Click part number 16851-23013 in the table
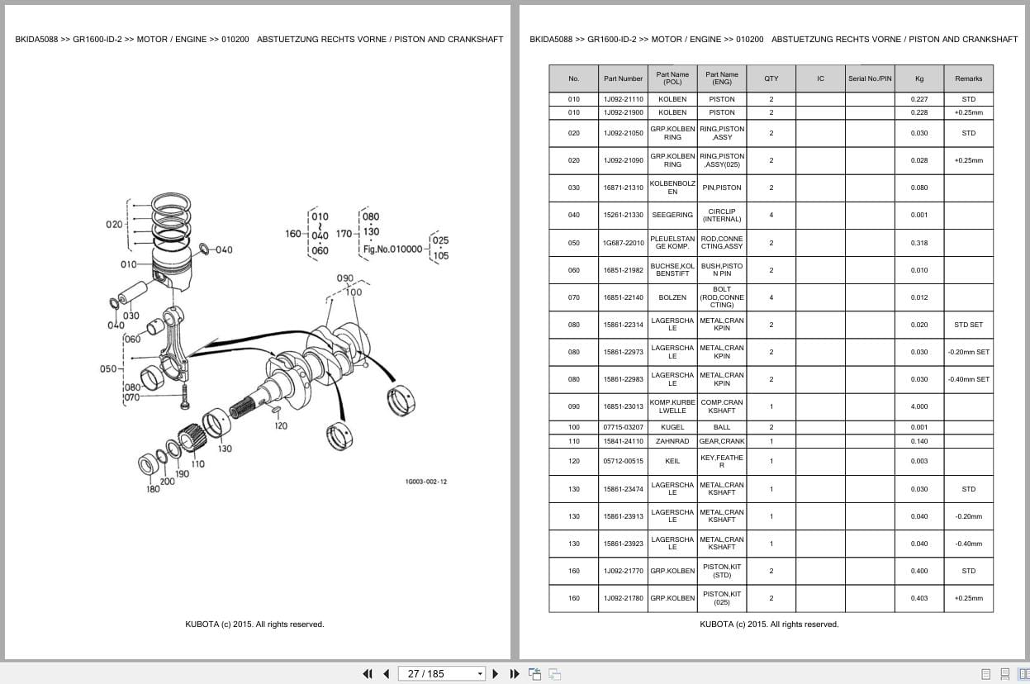point(623,406)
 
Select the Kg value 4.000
point(918,406)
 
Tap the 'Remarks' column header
point(968,78)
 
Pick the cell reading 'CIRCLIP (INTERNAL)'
point(721,216)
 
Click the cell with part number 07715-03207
point(623,427)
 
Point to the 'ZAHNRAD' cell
point(672,441)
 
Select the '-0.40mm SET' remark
point(968,379)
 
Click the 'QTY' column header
point(771,78)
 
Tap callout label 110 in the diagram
point(197,464)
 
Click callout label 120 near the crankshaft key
point(281,426)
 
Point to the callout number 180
point(153,489)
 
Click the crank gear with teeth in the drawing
point(191,438)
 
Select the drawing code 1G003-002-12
point(426,482)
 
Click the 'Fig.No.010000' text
point(392,249)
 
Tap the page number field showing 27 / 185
point(441,674)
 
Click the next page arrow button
point(496,674)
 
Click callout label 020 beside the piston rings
point(114,225)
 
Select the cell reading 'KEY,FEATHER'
point(721,461)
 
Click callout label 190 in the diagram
point(182,474)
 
